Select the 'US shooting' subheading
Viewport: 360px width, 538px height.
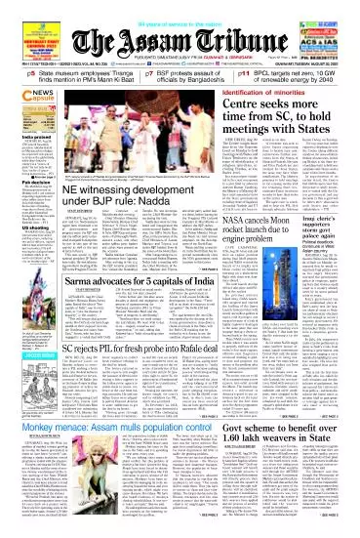(19, 250)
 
